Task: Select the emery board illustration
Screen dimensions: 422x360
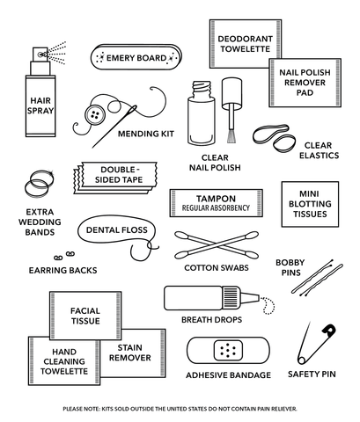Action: [x=136, y=58]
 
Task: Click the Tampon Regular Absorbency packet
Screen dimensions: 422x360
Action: [x=216, y=202]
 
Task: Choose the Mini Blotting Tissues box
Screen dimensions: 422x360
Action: [x=309, y=202]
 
